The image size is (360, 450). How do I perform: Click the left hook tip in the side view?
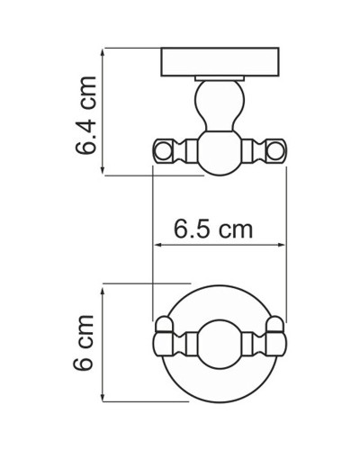tap(164, 151)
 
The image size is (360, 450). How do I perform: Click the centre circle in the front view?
tap(219, 344)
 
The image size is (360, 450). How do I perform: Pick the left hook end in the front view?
tap(163, 341)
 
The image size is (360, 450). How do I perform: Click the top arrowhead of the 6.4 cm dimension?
tap(106, 52)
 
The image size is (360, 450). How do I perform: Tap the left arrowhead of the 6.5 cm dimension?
tap(159, 243)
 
